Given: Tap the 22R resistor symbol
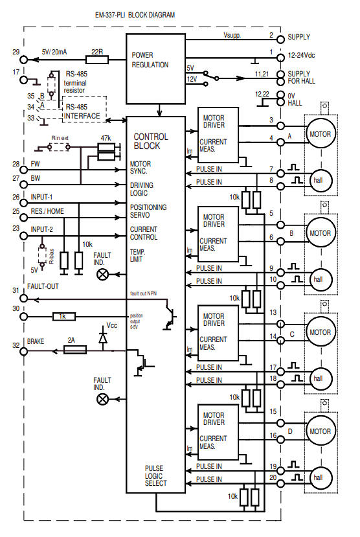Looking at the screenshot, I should tap(96, 59).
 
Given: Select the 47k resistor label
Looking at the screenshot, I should tap(106, 138).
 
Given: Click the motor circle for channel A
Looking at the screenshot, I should tap(320, 135).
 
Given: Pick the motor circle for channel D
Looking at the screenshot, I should tap(320, 431).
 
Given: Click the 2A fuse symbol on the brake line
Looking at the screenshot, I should tap(76, 350).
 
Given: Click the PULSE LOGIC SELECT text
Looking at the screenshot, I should tap(155, 475).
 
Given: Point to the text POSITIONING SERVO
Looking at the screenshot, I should tap(148, 211).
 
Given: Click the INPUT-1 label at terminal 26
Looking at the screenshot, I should tap(43, 196).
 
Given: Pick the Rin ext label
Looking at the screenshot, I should tap(61, 139).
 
